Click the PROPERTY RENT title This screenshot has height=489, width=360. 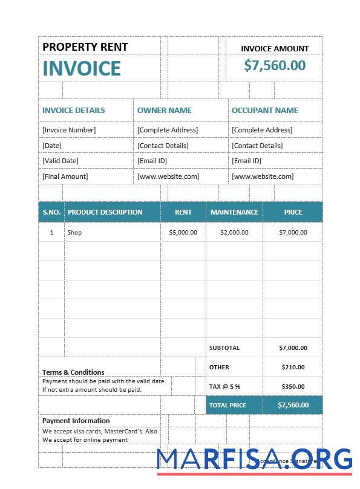[85, 47]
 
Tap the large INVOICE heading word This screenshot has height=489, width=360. [82, 68]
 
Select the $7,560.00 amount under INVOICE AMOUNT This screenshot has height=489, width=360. [275, 65]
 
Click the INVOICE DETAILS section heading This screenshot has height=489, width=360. [73, 111]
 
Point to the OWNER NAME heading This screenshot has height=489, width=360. [164, 111]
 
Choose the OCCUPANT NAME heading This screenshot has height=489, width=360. [264, 111]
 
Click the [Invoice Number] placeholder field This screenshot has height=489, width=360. [69, 130]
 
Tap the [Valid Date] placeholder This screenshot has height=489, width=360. [61, 161]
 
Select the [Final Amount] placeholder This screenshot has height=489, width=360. [65, 176]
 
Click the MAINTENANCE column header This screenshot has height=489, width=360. [234, 212]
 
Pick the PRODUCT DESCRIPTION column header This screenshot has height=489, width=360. [105, 212]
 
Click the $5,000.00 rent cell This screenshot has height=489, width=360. [183, 233]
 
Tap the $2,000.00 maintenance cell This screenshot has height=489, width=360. [234, 233]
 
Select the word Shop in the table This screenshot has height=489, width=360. [74, 233]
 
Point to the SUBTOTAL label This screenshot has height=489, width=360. [224, 348]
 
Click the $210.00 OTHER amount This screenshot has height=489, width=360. [293, 367]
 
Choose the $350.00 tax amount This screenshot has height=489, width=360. [293, 386]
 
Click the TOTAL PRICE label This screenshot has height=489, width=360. [227, 405]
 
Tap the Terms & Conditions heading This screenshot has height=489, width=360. [73, 372]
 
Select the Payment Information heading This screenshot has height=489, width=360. [76, 421]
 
